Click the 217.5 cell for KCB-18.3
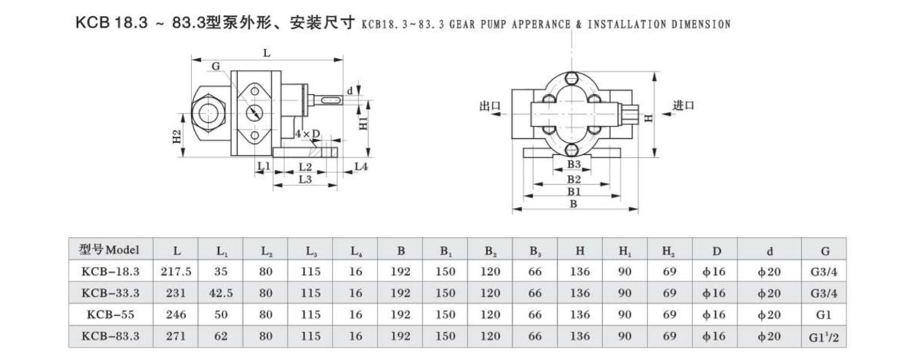coord(177,271)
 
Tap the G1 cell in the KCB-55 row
coord(824,316)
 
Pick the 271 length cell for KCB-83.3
coord(177,337)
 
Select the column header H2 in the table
coord(668,250)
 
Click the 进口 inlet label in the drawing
coord(684,105)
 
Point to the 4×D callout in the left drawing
coord(308,135)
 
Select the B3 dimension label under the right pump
coord(574,165)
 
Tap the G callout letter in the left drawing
coord(215,66)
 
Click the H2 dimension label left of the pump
coord(177,137)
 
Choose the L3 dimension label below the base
coord(306,180)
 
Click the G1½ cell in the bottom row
coord(824,337)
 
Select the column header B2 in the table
coord(490,250)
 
